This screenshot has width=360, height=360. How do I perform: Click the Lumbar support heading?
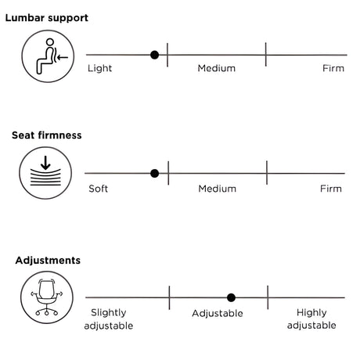tap(46, 17)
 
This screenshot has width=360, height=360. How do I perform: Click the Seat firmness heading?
tap(46, 135)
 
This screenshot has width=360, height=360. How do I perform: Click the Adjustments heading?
tap(47, 260)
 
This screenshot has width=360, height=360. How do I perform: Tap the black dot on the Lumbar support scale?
tap(154, 55)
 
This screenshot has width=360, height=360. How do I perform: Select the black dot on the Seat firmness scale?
tap(154, 173)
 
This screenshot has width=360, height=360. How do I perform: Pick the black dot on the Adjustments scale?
tap(231, 297)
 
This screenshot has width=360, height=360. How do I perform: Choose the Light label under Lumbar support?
tap(99, 69)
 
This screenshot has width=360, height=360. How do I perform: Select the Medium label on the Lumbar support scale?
tap(217, 69)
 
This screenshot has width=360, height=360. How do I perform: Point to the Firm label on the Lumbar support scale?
tap(333, 69)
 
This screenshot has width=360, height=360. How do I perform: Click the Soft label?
tap(99, 189)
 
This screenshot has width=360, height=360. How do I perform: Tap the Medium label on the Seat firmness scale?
tap(218, 189)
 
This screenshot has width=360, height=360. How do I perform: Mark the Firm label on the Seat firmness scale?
tap(331, 189)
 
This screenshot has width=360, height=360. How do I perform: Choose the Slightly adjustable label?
tap(107, 319)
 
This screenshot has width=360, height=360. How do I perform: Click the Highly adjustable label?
tap(311, 319)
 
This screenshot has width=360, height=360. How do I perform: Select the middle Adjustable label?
tap(218, 314)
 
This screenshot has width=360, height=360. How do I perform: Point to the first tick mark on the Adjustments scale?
tap(169, 297)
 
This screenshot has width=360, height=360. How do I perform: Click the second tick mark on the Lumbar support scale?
tap(266, 55)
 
